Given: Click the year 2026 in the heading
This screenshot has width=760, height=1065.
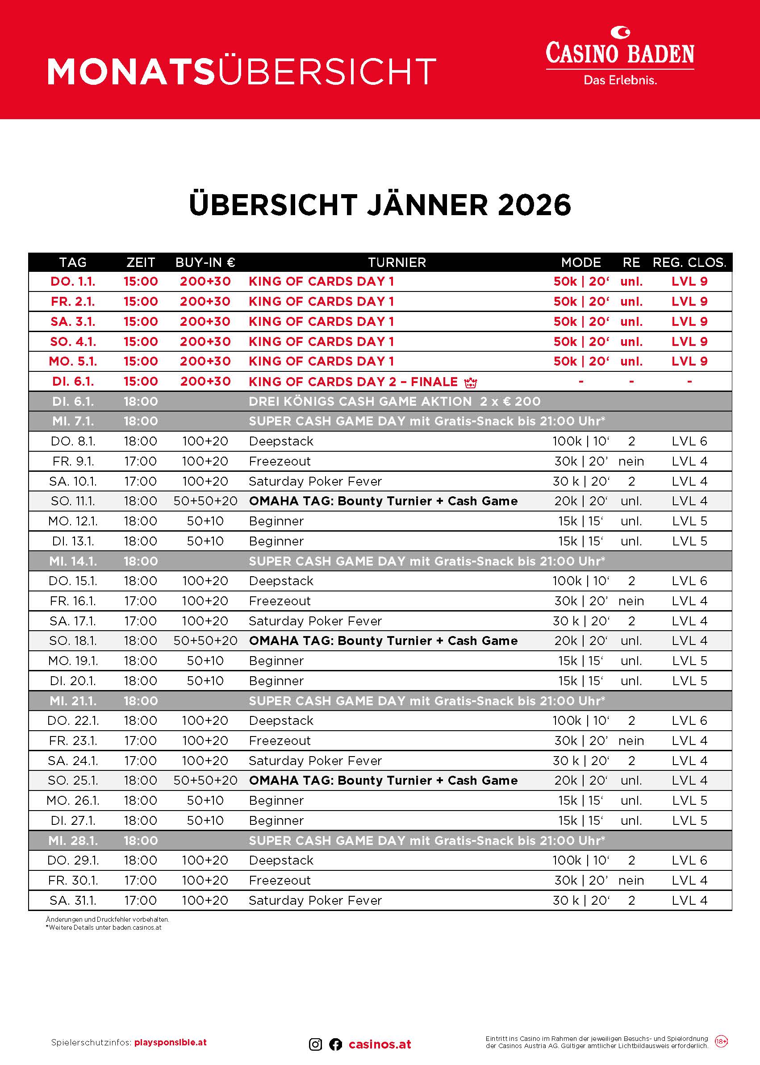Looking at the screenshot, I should [535, 205].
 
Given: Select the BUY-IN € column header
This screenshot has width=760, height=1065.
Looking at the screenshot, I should [205, 262].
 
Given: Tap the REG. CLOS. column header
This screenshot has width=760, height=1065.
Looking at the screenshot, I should [689, 262].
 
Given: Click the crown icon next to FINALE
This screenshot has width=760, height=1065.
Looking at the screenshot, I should [470, 383].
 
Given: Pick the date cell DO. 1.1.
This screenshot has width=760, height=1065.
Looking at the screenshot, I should [73, 282].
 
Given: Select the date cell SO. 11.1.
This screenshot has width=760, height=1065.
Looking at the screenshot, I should [73, 501].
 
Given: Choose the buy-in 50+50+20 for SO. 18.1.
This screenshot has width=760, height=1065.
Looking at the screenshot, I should [205, 641].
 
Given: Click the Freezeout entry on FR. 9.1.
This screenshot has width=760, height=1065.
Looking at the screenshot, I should [280, 461].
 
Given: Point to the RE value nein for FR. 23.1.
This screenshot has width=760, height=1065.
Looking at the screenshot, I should [631, 741].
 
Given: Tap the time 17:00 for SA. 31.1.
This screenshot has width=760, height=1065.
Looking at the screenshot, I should [140, 900].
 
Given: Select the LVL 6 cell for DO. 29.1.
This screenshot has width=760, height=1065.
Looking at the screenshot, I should [689, 860].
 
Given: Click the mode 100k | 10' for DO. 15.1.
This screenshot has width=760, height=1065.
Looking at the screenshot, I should [581, 580].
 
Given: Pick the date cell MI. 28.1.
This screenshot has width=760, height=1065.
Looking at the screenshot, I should [73, 840].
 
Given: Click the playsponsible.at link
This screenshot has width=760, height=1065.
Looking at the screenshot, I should [170, 1043].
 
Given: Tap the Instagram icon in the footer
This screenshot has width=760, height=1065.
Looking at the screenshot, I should [315, 1044].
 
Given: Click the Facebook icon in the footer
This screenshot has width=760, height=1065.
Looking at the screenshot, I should [335, 1044].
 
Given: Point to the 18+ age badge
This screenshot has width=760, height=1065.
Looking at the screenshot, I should [721, 1042].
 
